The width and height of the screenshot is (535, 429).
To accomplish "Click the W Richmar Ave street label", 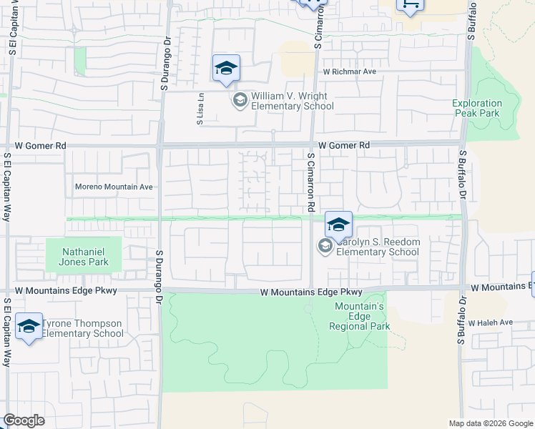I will coord(349,72).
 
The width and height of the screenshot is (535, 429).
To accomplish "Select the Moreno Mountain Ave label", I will coord(114,187).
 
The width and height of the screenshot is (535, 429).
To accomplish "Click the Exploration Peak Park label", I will coord(477,108).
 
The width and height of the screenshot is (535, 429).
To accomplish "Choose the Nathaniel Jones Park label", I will coord(77,257).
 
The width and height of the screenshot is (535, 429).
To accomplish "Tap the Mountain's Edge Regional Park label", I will coord(360,316).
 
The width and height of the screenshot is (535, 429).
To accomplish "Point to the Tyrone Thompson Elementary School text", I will coord(82,328).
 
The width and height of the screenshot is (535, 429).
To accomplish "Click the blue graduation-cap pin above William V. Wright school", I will coord(226,69).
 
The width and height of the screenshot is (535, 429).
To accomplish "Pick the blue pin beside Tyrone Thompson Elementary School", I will coord(29,327).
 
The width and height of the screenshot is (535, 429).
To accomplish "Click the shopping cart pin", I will coord(411,4).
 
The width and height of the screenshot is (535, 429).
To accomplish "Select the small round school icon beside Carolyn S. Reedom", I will coord(325,247).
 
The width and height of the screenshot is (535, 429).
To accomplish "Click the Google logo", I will coord(24,420).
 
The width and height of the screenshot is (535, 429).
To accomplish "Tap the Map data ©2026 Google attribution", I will coord(490,423).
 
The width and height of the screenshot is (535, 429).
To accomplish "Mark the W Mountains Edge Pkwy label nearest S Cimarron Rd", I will coord(311,292).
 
